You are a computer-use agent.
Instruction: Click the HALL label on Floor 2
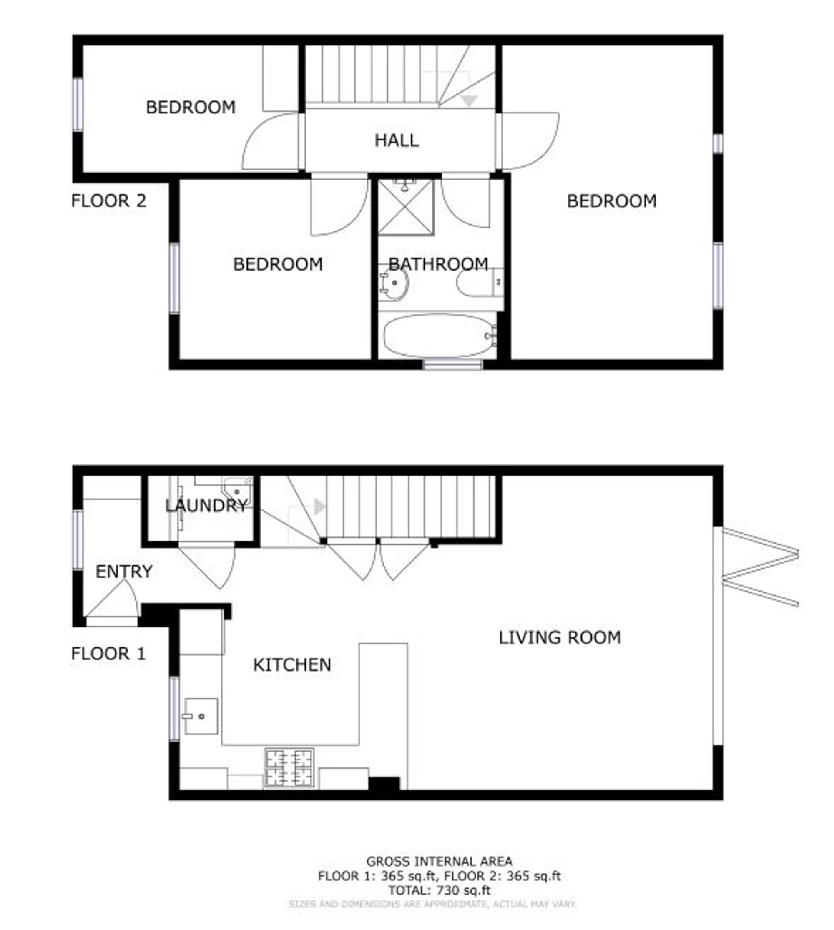(397, 140)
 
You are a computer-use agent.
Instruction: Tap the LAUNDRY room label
(206, 506)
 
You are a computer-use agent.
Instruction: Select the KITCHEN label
(292, 665)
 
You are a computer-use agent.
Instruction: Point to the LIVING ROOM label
(560, 637)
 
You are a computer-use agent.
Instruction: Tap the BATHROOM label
(438, 264)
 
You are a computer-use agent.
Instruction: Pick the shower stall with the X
(406, 208)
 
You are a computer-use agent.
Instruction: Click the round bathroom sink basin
(393, 283)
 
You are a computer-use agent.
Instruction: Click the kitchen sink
(201, 717)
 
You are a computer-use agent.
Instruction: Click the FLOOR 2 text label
(108, 201)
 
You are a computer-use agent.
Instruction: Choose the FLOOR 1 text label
(108, 653)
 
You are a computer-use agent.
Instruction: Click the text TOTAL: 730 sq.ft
(439, 890)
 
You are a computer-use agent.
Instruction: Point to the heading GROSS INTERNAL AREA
(439, 862)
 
